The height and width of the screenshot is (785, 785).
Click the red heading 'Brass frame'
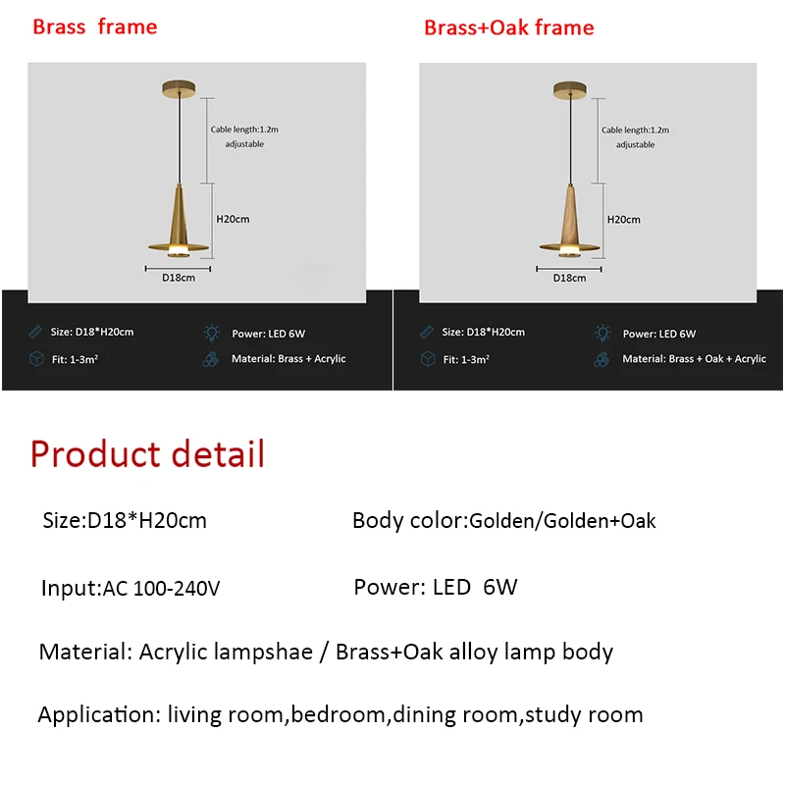click(94, 26)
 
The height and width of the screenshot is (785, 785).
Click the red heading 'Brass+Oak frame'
click(508, 27)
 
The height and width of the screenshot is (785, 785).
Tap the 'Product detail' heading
click(147, 454)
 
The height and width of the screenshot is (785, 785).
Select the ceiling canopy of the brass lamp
click(179, 91)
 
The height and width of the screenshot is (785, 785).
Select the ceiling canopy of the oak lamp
click(568, 91)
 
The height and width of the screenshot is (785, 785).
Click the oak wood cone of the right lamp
click(569, 216)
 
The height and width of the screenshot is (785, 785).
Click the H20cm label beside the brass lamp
click(233, 219)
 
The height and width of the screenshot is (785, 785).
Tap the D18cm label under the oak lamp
click(569, 278)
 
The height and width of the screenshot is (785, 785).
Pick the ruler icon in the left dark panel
click(35, 333)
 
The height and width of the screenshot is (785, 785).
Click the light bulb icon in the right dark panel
click(602, 334)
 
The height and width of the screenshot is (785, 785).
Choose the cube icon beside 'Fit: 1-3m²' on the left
click(35, 359)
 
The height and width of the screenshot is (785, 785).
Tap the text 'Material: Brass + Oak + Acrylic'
click(694, 359)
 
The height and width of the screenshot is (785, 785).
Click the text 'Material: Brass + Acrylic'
click(288, 359)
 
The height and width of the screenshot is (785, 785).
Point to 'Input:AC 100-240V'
click(131, 589)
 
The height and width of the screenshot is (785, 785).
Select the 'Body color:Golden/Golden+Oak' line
click(503, 520)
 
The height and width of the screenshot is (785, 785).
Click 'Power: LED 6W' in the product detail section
click(435, 587)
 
